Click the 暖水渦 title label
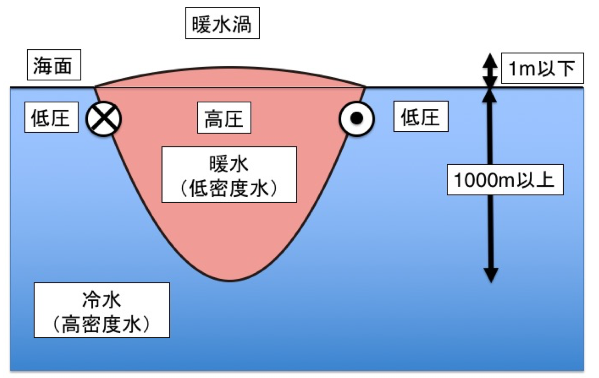click(x=222, y=23)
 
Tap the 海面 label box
click(x=54, y=65)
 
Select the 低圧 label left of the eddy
click(x=51, y=117)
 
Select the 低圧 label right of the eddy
click(x=421, y=116)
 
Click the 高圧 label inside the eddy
click(x=224, y=118)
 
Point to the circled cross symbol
click(x=104, y=118)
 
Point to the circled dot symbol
click(x=357, y=118)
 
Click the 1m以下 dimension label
click(x=542, y=68)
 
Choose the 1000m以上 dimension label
click(x=505, y=180)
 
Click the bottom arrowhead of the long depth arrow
click(x=490, y=275)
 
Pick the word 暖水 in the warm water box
click(x=229, y=164)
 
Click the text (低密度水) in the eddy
click(x=229, y=188)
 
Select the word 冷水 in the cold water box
click(x=101, y=299)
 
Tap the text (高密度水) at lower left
click(x=101, y=324)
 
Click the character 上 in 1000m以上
click(x=545, y=180)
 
